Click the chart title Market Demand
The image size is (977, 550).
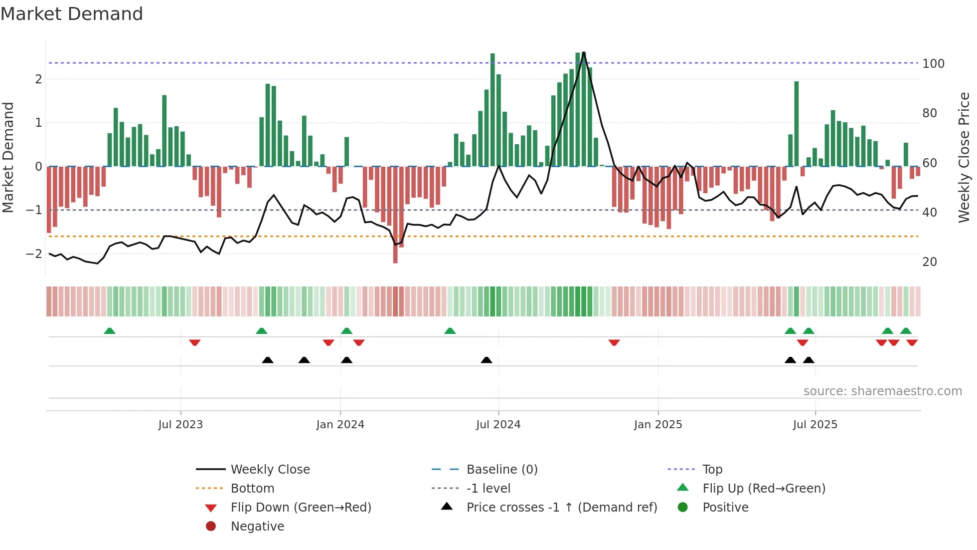point(72,13)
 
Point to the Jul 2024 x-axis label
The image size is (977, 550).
point(498,424)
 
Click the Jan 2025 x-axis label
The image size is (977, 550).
point(657,424)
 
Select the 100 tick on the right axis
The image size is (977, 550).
point(933,64)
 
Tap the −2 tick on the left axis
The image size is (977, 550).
point(34,254)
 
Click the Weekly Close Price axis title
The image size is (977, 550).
point(964,157)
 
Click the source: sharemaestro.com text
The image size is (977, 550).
point(882,391)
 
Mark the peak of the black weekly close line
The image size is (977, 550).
point(584,52)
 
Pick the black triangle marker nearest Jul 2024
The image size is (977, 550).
point(487,360)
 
